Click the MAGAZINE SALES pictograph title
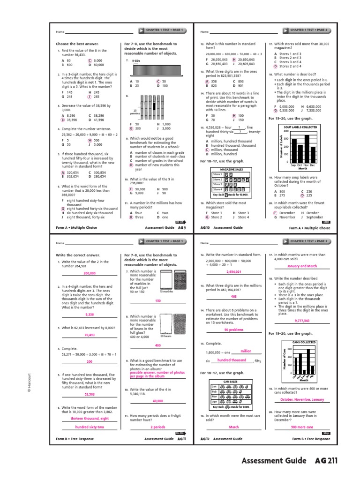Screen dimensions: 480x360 click(223, 168)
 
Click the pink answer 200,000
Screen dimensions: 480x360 click(90, 273)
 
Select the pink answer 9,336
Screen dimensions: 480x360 click(90, 315)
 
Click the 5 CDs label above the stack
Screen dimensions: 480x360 click(136, 61)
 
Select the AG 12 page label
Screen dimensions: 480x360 click(204, 439)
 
